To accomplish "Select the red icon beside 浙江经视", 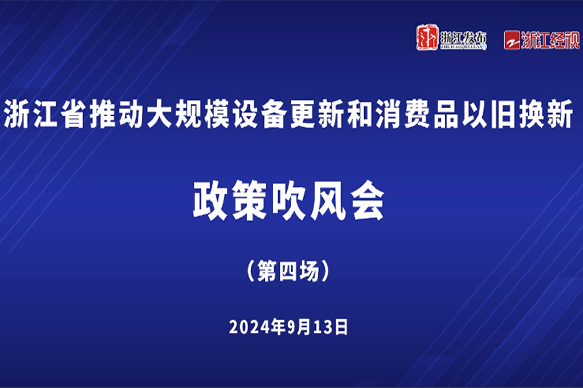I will tap(511, 40).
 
